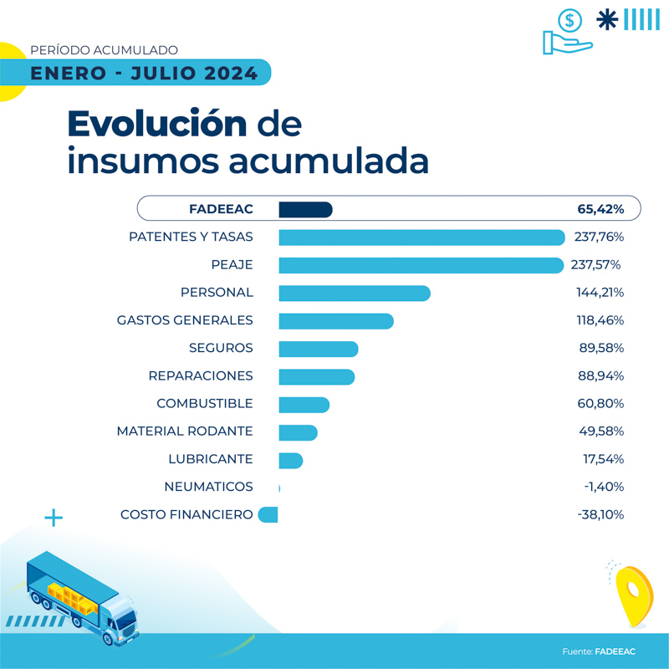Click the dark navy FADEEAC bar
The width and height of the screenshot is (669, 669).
point(305,209)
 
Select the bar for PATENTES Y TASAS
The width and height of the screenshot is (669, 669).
point(421,237)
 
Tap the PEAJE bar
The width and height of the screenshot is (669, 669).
point(421,265)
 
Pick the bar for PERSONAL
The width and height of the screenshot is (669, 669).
point(354,293)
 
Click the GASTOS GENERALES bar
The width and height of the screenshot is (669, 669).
point(335,320)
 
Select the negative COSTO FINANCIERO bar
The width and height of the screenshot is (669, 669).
point(268,515)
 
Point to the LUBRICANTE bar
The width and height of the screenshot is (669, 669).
point(290,460)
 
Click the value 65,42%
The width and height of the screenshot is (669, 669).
point(600,209)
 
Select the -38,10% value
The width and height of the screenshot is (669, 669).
point(600,515)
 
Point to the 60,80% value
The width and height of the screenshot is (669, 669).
point(600,404)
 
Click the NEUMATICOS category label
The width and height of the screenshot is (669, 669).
point(208,487)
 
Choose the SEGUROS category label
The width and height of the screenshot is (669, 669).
point(221,348)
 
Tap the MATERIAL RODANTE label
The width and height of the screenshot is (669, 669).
point(185,432)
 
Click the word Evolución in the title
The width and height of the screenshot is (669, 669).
point(157,124)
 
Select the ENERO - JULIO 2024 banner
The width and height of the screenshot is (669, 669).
point(144,74)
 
